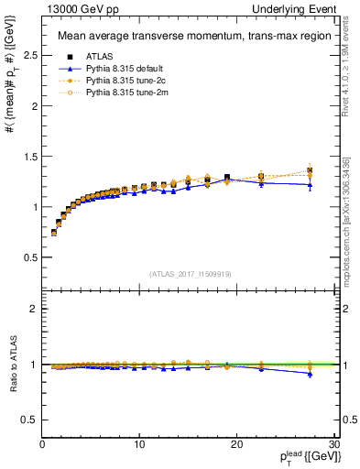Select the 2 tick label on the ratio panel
34,309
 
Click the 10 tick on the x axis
139,444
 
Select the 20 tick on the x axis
237,444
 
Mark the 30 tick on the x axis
334,444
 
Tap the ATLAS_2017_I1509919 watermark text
190,273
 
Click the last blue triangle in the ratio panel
311,374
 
